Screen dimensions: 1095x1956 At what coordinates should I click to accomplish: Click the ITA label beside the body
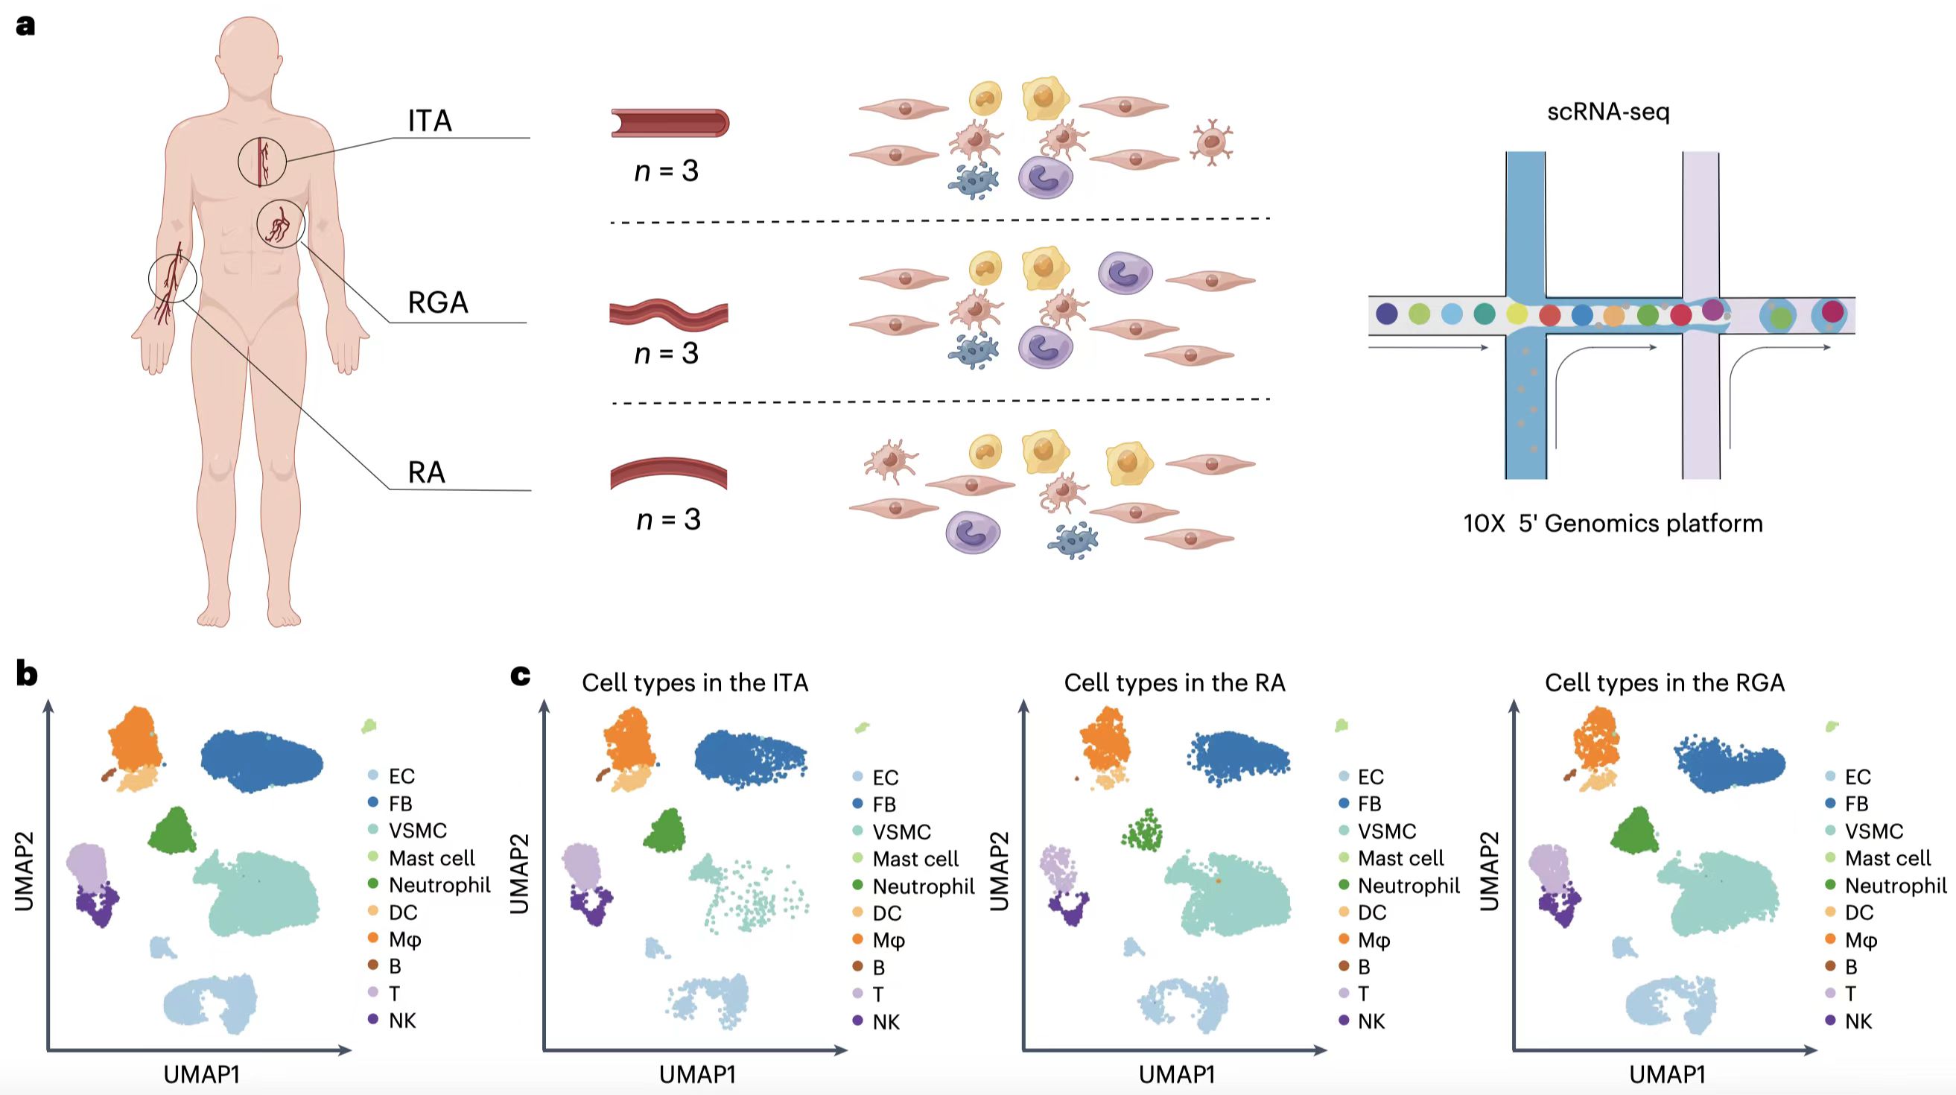pyautogui.click(x=430, y=121)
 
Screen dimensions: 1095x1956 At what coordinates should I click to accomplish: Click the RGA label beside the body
pyautogui.click(x=438, y=302)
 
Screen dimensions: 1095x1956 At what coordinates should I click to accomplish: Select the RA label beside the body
pyautogui.click(x=426, y=472)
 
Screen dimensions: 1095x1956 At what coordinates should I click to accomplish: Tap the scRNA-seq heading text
pyautogui.click(x=1608, y=112)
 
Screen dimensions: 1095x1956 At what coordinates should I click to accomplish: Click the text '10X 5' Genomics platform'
pyautogui.click(x=1613, y=523)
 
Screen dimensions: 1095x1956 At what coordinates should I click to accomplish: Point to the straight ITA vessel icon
pyautogui.click(x=670, y=123)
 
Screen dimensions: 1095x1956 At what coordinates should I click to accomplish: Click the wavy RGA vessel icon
pyautogui.click(x=668, y=314)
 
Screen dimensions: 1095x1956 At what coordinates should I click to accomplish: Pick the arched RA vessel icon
pyautogui.click(x=668, y=472)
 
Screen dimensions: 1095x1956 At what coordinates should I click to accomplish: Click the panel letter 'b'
pyautogui.click(x=27, y=673)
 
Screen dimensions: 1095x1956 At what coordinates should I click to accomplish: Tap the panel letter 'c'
pyautogui.click(x=520, y=673)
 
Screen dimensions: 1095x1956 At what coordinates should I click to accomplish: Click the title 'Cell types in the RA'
pyautogui.click(x=1174, y=682)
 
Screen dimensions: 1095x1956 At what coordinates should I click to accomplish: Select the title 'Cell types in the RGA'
pyautogui.click(x=1665, y=682)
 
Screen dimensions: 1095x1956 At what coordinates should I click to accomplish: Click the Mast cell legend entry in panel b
pyautogui.click(x=431, y=858)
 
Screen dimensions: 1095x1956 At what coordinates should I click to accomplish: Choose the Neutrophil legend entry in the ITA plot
pyautogui.click(x=923, y=886)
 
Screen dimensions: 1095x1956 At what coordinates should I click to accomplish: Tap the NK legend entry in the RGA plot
pyautogui.click(x=1858, y=1021)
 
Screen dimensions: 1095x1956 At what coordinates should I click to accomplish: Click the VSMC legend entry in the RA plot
pyautogui.click(x=1386, y=831)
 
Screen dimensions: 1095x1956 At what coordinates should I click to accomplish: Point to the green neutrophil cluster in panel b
pyautogui.click(x=174, y=831)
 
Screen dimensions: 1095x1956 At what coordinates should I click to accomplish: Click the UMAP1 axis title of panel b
pyautogui.click(x=202, y=1074)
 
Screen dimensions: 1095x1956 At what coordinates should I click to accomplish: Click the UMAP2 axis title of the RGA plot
pyautogui.click(x=1490, y=871)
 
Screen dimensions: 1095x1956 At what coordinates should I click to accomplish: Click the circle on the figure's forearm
pyautogui.click(x=172, y=279)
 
